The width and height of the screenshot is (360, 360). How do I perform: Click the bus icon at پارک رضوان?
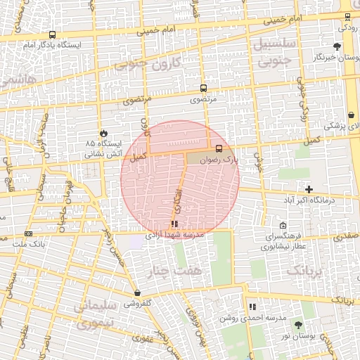(x=219, y=148)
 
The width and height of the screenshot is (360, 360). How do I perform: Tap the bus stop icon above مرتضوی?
(x=203, y=89)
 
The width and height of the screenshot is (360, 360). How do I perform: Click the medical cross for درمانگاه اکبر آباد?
(x=309, y=188)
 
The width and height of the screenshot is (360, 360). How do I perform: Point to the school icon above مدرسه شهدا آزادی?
(x=174, y=224)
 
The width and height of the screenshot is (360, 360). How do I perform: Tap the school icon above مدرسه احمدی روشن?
(x=252, y=307)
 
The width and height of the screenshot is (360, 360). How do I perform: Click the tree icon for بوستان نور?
(x=298, y=325)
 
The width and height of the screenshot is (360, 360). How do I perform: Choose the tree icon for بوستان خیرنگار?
(x=337, y=46)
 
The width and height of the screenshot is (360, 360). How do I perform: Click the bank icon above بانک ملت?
(x=28, y=233)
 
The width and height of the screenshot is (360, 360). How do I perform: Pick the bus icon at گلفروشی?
(x=136, y=293)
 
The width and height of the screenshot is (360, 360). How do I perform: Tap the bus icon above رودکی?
(x=347, y=17)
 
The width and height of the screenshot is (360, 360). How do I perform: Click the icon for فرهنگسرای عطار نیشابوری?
(x=283, y=226)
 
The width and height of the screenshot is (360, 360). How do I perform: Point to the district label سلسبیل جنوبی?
(x=275, y=53)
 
